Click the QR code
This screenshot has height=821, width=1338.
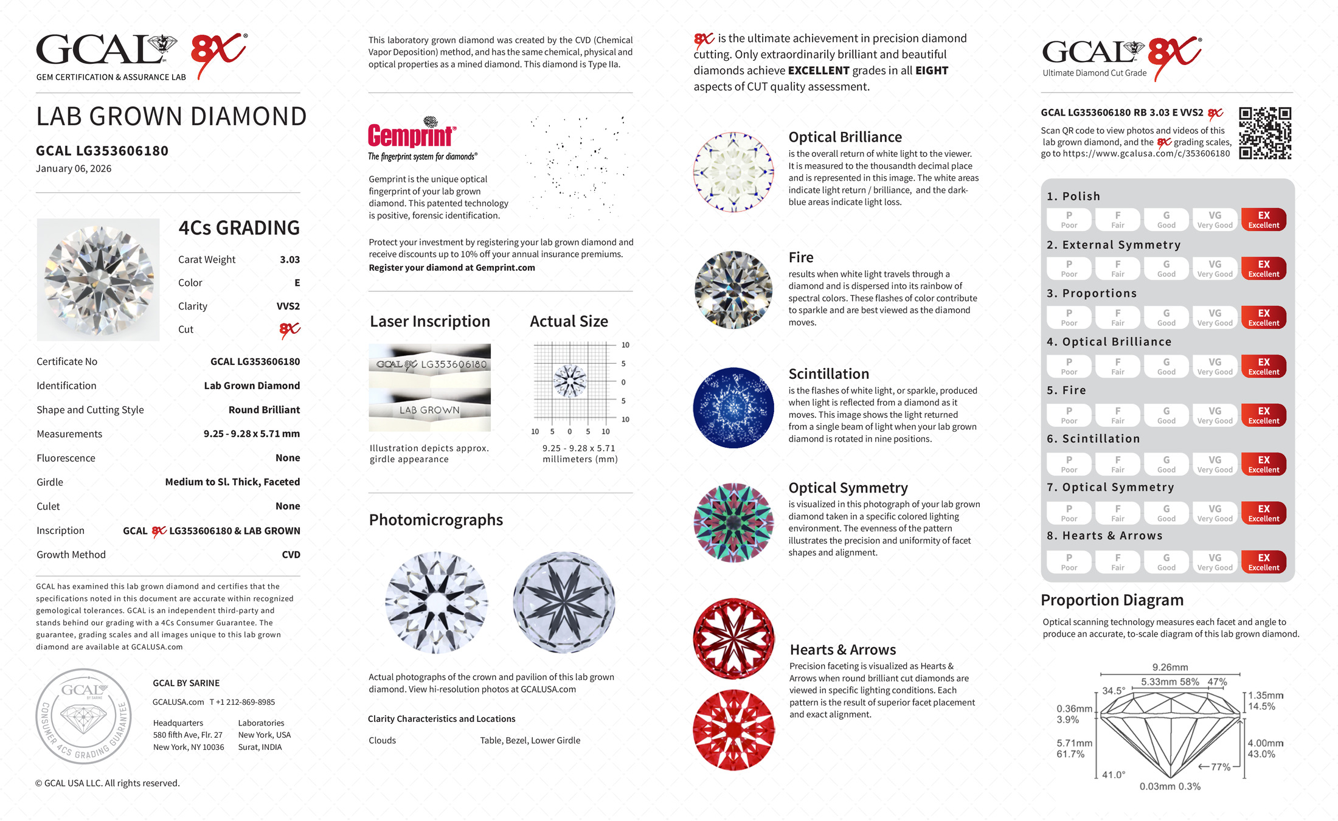[x=1265, y=133]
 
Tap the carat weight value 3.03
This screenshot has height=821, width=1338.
[x=289, y=260]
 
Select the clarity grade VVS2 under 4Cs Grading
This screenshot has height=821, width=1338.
[x=288, y=307]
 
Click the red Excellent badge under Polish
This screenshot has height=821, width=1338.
[x=1263, y=220]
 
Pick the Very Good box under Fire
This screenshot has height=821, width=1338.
[x=1215, y=415]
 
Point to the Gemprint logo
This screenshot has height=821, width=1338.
[x=412, y=136]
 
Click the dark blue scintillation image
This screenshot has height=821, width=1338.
[x=733, y=408]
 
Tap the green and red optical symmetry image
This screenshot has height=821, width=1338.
[x=733, y=522]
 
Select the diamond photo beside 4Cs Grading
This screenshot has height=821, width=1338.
[x=98, y=280]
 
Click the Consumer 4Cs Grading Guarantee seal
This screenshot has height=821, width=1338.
[x=83, y=716]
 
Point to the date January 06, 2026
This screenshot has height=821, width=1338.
[x=74, y=169]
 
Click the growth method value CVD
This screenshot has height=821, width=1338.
[x=291, y=555]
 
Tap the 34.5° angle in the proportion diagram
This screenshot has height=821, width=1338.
[x=1114, y=691]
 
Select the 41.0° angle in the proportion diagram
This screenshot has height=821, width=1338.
[x=1114, y=775]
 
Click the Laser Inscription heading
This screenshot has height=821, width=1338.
[x=429, y=322]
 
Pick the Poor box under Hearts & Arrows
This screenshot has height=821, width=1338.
[x=1069, y=562]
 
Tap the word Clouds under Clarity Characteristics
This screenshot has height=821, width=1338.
[x=382, y=741]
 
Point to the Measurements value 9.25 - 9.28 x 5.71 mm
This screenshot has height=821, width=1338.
[x=251, y=434]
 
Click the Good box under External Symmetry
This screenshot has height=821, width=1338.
[x=1166, y=268]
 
